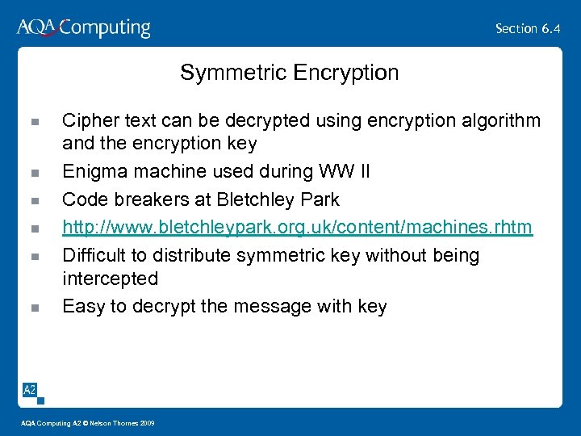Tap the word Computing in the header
[105, 29]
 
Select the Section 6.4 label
[528, 28]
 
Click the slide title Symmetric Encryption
[289, 73]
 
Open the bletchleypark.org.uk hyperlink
[297, 227]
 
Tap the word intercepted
[110, 279]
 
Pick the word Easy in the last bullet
[82, 307]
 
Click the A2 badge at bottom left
[29, 391]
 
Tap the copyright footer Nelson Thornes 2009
[121, 423]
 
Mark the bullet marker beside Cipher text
[34, 122]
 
